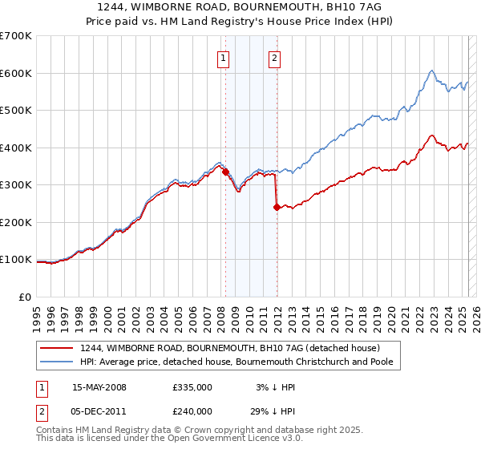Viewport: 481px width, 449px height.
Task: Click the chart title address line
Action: coord(240,6)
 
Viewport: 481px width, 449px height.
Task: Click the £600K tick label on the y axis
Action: coord(16,73)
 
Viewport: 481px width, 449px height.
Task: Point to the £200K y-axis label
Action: coord(16,222)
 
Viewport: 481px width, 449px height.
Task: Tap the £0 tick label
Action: coord(26,297)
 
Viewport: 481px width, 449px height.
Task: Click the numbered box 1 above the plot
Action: coord(222,57)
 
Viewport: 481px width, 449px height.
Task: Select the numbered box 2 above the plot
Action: coord(274,57)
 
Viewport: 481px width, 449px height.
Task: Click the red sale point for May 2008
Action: coord(225,172)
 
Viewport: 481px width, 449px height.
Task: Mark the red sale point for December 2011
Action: coord(276,207)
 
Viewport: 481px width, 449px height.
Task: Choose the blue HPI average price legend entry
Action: coord(240,362)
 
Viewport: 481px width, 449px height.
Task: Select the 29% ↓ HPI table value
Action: coord(273,411)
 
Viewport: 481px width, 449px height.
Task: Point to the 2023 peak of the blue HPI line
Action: coord(431,71)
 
